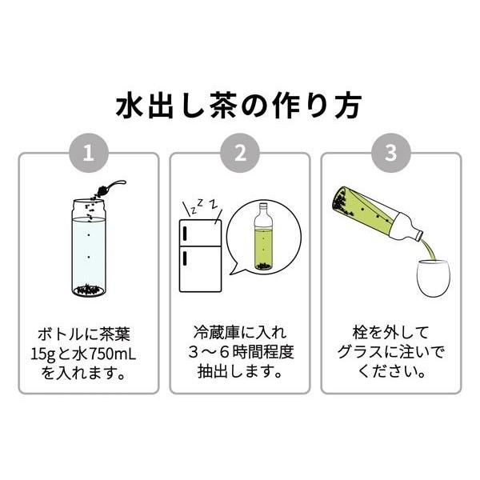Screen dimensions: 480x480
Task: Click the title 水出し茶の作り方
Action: tap(239, 105)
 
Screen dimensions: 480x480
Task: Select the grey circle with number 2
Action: tap(239, 154)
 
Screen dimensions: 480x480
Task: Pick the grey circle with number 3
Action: tap(390, 154)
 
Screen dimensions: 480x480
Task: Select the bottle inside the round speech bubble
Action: tap(262, 239)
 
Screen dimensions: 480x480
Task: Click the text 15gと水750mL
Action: tap(88, 352)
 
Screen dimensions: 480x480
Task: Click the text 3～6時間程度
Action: tap(239, 352)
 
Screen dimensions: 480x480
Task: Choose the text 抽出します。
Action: tap(239, 372)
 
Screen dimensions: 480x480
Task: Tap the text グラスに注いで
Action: tap(390, 352)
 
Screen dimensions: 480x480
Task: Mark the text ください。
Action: tap(390, 372)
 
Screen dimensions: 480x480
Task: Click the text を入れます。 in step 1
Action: tap(88, 372)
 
